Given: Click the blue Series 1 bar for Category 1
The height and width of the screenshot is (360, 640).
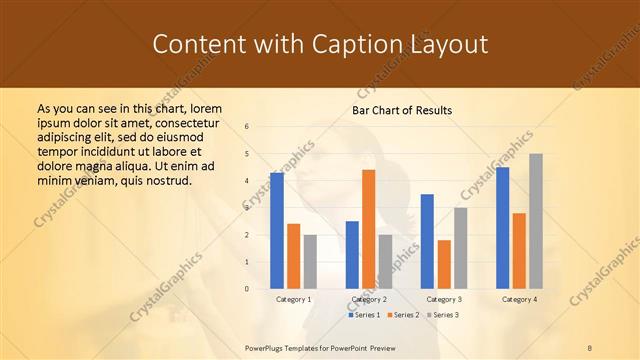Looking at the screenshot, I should [277, 231].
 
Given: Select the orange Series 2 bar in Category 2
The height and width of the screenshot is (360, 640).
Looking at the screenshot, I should [368, 229].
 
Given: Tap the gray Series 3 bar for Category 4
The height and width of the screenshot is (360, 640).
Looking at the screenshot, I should [536, 221].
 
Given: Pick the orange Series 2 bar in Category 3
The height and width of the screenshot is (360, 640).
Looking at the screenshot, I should [444, 264].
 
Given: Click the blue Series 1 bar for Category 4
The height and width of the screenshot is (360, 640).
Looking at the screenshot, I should [502, 228].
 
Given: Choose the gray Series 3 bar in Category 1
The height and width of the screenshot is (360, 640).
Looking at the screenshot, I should [310, 262].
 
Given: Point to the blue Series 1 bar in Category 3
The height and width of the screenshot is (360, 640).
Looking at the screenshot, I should [427, 241].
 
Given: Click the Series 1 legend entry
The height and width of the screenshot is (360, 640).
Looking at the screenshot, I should [364, 315].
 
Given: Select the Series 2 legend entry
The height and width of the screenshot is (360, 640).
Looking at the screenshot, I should [402, 315].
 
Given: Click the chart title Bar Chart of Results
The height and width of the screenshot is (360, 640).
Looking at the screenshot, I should [402, 110].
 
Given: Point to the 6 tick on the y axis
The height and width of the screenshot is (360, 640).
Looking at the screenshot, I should [247, 127].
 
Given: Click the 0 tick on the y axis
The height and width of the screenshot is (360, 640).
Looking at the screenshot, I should [247, 289].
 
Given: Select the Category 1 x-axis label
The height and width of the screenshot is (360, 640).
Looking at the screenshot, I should [293, 299].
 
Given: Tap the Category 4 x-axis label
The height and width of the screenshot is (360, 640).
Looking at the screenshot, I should [519, 299].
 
